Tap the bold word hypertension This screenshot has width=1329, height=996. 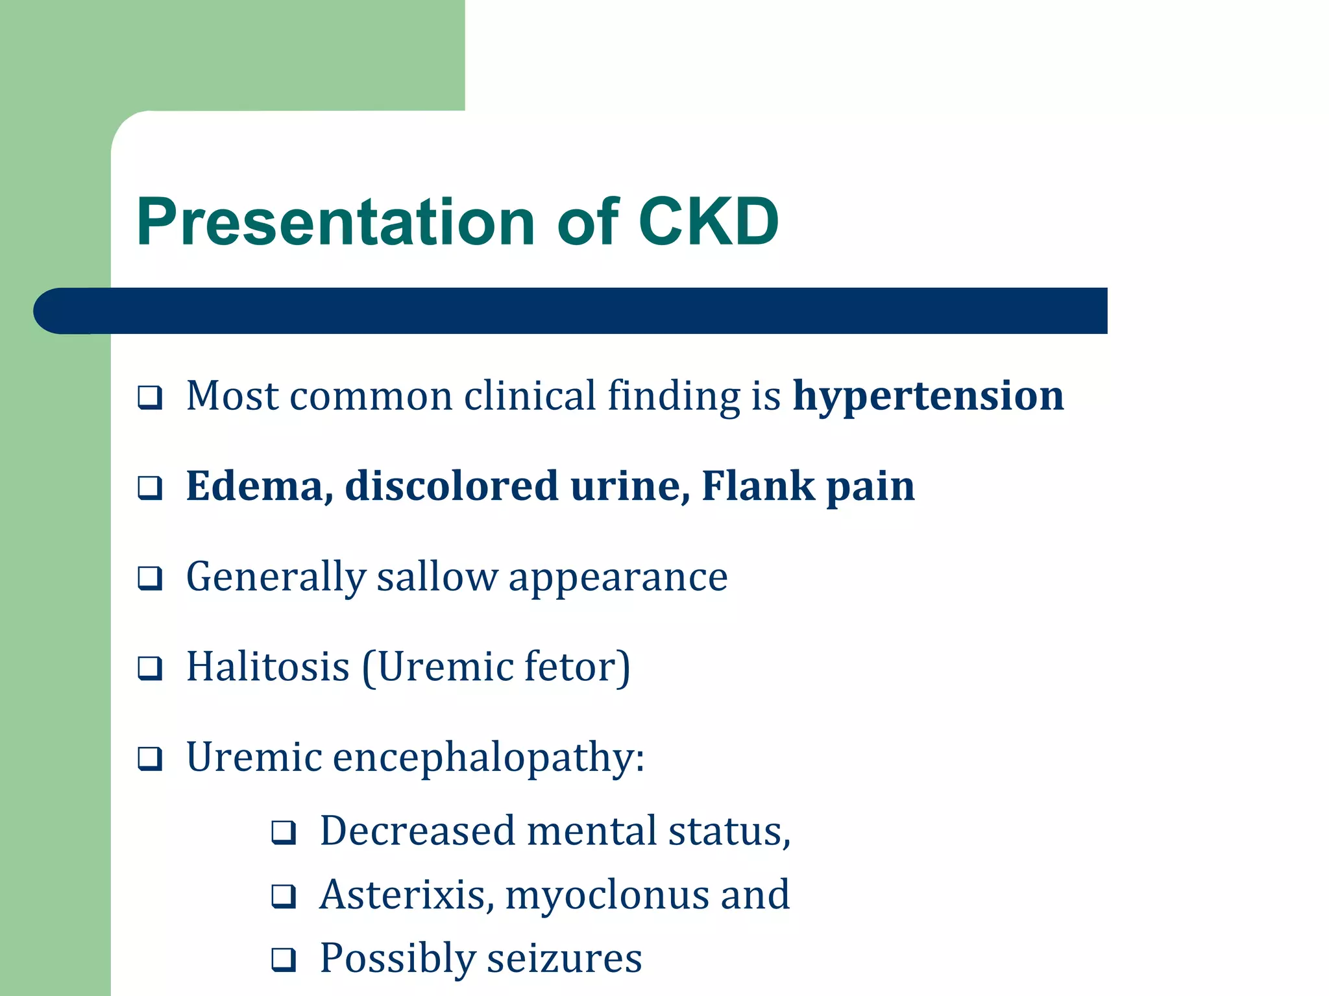(928, 397)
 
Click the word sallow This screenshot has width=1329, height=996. (437, 576)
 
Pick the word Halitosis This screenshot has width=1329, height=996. (268, 667)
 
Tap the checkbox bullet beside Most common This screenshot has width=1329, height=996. (150, 397)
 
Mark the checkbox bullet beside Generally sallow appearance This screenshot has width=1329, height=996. (150, 577)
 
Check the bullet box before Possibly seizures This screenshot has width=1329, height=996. (284, 959)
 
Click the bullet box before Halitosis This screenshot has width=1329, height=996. (150, 667)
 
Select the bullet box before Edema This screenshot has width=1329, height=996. (150, 487)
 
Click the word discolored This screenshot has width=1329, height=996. (451, 486)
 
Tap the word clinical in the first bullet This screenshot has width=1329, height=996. (530, 396)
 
